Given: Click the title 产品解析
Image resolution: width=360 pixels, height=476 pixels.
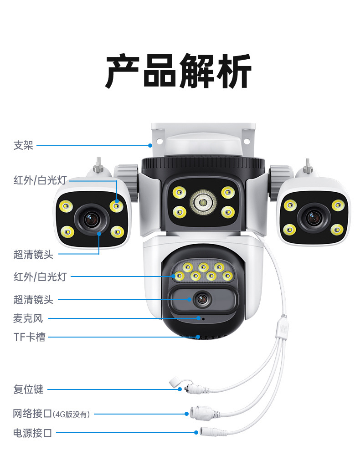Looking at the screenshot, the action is pos(179,72).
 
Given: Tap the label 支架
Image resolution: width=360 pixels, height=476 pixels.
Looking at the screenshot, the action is pos(23,146).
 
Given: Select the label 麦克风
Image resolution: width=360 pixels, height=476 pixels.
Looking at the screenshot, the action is pos(28,318).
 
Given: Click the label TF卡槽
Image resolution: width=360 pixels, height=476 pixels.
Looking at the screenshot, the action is pos(29,338).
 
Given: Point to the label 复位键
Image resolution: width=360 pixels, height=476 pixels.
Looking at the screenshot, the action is pos(28,389).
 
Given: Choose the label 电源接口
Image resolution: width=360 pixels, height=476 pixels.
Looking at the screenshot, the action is pos(32,433).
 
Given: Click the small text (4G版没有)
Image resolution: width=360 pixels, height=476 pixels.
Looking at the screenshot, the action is pos(72,414).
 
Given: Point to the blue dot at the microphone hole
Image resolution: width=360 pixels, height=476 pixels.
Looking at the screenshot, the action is pos(198,318).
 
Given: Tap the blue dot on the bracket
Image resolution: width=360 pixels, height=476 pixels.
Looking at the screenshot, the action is pos(150,146).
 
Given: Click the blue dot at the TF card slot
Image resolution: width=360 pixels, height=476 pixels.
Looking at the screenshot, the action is pos(198,337).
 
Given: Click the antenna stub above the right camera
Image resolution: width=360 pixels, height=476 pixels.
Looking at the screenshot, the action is pos(308,166).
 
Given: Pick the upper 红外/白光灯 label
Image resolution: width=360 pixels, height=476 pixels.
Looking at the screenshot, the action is pos(40,181).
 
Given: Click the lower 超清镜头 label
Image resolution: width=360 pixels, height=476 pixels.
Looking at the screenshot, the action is pos(33,300).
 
